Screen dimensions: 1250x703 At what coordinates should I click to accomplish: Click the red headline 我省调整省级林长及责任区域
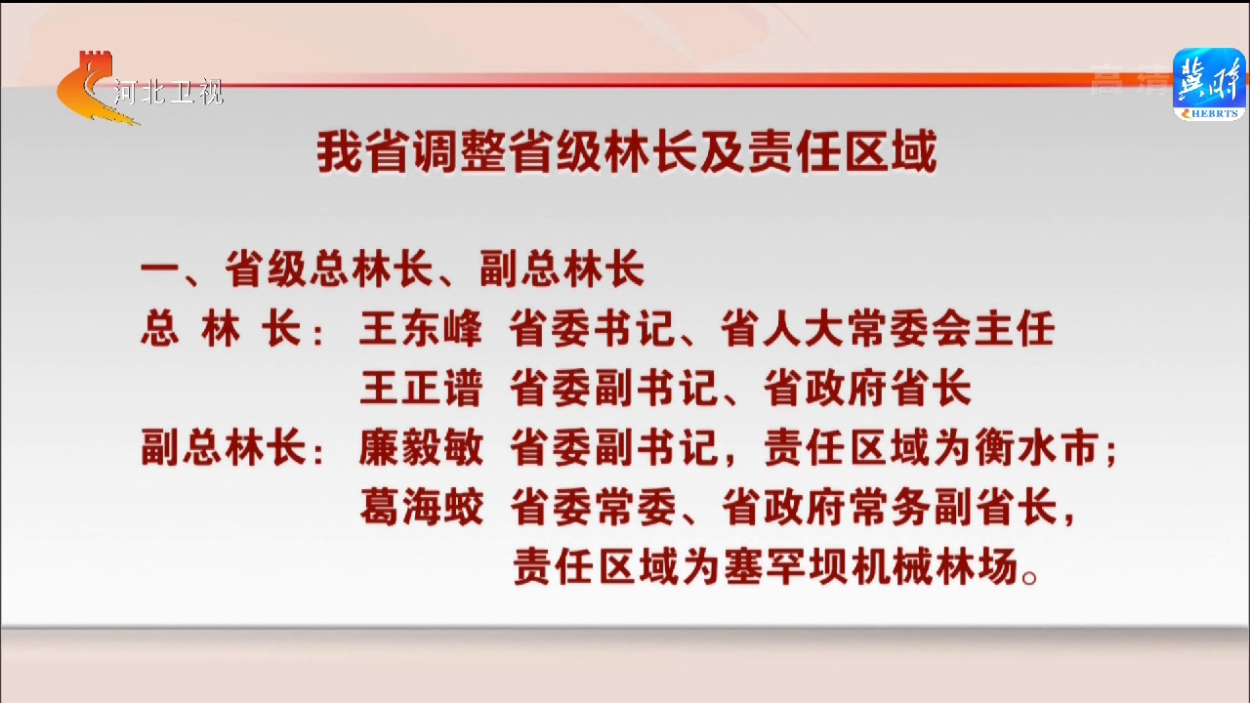627,152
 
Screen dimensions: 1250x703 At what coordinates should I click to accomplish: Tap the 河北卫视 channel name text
169,92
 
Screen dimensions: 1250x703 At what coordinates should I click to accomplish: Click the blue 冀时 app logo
1209,84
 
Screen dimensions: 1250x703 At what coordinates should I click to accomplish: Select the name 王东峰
420,329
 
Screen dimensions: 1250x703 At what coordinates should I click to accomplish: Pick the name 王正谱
420,389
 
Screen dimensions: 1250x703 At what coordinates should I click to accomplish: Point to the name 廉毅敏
421,447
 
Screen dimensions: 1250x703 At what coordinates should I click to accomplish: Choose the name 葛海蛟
421,507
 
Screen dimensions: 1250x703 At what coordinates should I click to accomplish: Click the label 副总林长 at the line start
224,447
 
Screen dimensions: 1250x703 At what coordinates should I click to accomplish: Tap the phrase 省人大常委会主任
887,329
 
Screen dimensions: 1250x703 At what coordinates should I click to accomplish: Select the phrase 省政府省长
867,389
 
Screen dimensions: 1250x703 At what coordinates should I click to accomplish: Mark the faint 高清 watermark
1130,81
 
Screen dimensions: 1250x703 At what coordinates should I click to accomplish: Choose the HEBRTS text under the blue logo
1214,113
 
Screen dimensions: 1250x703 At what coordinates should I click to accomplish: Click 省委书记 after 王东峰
592,329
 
